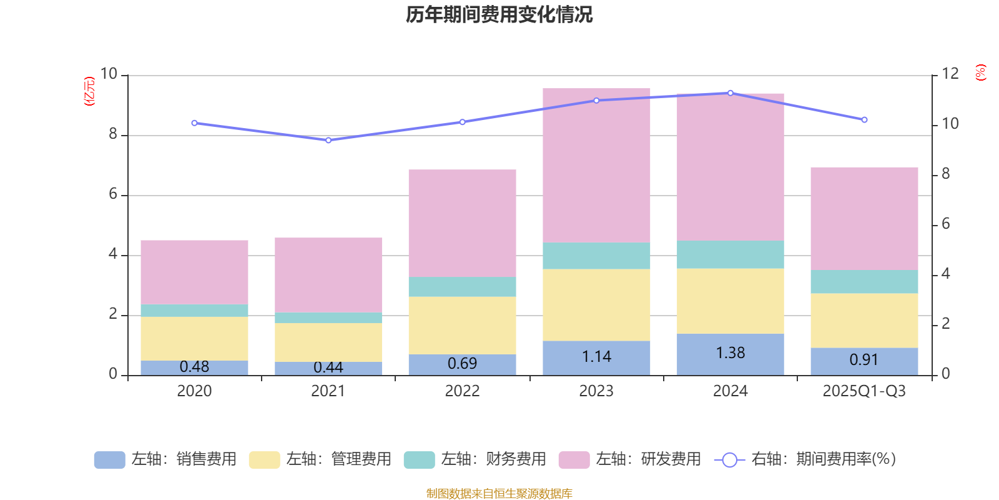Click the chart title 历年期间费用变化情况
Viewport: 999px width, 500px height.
click(499, 14)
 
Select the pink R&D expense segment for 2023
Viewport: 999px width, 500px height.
click(596, 166)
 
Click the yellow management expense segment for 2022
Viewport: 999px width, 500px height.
click(462, 325)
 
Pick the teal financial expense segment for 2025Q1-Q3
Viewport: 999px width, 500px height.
click(864, 282)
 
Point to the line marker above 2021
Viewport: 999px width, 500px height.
click(328, 140)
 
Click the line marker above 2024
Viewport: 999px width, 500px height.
click(731, 93)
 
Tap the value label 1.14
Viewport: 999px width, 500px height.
click(596, 357)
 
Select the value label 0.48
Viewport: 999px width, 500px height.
click(194, 367)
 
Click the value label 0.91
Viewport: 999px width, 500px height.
click(864, 360)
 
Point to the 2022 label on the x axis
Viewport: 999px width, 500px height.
click(462, 391)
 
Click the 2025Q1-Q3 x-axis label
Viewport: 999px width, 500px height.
click(864, 391)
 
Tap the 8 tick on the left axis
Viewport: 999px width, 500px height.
click(113, 134)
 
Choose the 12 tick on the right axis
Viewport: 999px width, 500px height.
click(950, 74)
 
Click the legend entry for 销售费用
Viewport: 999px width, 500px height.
click(165, 459)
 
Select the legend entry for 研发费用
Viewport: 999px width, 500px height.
click(630, 459)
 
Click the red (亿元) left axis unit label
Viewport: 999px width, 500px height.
click(89, 91)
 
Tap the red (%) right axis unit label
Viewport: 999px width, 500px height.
click(981, 72)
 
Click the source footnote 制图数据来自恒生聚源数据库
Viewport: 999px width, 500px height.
click(499, 494)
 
